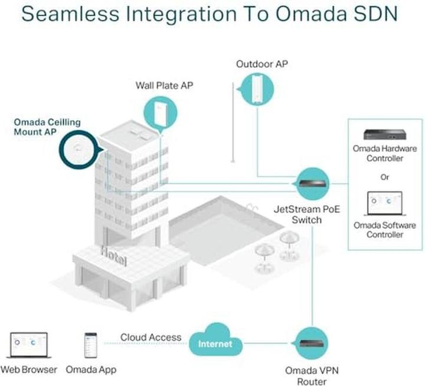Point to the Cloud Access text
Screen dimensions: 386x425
pos(151,337)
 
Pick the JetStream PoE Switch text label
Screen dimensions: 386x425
pos(306,215)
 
